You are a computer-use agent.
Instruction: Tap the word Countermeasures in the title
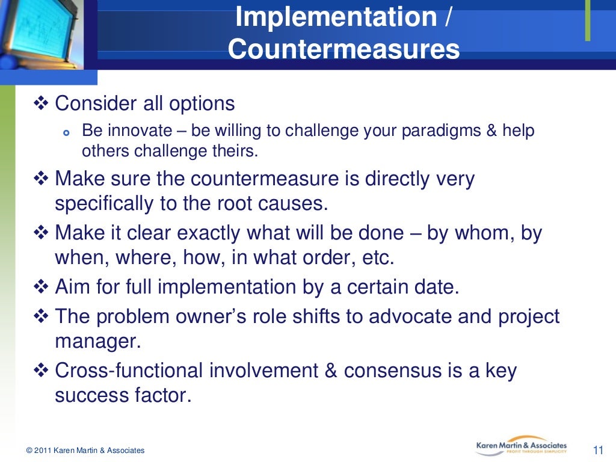coord(343,50)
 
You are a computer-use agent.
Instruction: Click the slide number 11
coord(598,450)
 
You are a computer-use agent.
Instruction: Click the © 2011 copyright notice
coord(85,451)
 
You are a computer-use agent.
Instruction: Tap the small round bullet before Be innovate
coord(67,132)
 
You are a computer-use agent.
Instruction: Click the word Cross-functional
coord(129,371)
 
